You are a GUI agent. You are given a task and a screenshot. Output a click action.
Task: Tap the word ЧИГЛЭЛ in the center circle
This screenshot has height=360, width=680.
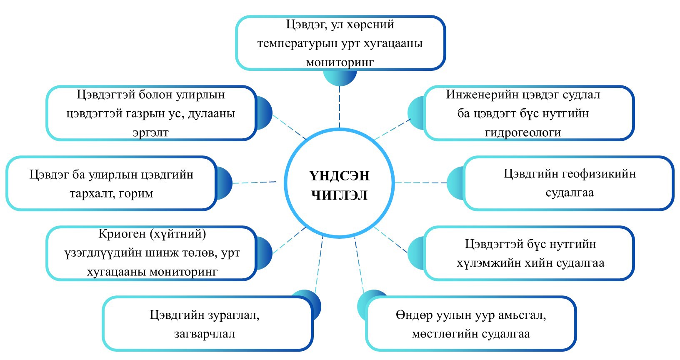coord(339,195)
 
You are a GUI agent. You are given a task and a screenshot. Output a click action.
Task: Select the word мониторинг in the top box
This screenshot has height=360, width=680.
coord(340,62)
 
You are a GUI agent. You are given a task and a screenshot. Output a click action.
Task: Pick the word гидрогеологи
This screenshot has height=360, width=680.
coord(523,132)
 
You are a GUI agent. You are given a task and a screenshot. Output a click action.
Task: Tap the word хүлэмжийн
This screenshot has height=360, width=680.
coord(490,263)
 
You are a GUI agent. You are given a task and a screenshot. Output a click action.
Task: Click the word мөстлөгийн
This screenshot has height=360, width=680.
coord(445,334)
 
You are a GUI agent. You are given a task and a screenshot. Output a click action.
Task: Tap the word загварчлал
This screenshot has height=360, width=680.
coord(205,334)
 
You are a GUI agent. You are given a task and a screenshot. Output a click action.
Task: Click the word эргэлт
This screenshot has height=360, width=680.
coord(150,132)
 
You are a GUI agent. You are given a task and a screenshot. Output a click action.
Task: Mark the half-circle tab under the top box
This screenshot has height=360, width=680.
coord(340,77)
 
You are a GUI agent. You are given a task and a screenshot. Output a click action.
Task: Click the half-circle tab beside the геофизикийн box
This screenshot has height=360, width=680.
coord(455,182)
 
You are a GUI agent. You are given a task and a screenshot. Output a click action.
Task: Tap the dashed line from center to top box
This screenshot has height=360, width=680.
coord(340,106)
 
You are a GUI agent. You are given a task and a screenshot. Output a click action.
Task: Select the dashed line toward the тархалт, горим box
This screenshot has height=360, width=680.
coord(254,182)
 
